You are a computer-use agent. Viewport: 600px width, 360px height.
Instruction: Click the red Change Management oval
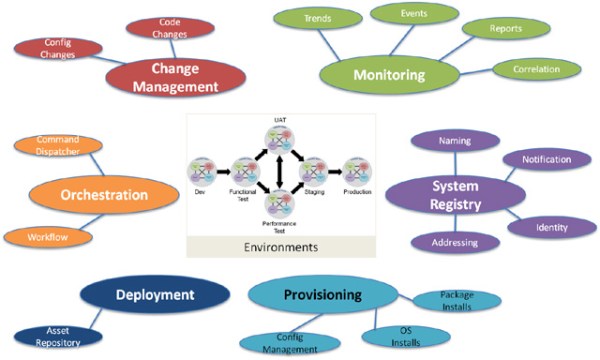pos(175,78)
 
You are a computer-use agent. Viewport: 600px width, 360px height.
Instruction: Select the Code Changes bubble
pos(156,28)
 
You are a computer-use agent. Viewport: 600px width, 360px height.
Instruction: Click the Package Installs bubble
pos(463,300)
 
